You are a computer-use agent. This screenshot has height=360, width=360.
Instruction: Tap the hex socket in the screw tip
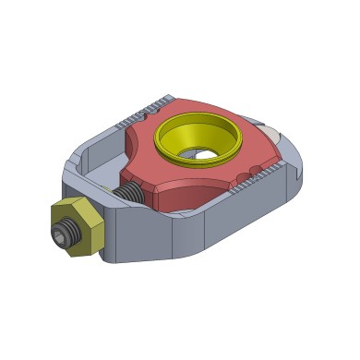tap(62, 238)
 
